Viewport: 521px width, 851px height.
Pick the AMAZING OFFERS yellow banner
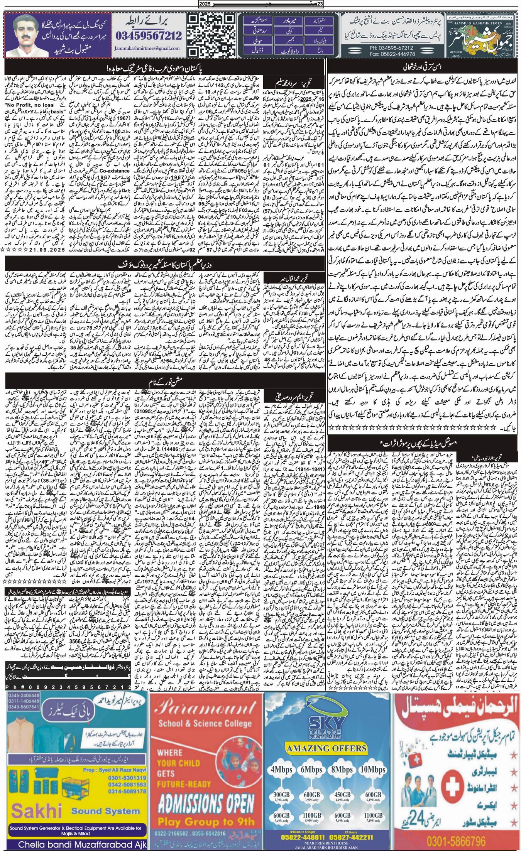(327, 725)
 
